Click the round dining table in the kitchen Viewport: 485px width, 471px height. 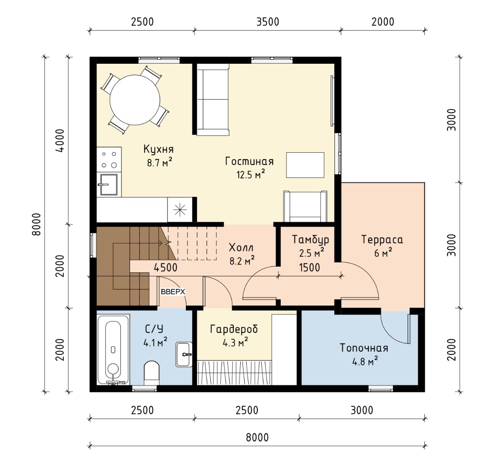click(x=135, y=100)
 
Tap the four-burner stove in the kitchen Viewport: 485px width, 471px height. click(x=109, y=159)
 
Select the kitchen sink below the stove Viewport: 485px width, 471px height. click(x=109, y=185)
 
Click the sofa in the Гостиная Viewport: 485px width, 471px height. click(x=213, y=100)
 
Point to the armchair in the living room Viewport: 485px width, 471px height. click(x=305, y=206)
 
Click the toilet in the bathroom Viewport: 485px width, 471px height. click(x=152, y=372)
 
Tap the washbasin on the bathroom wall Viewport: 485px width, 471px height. click(x=184, y=354)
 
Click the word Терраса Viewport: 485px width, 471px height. click(x=382, y=240)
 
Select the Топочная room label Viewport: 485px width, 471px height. click(x=364, y=348)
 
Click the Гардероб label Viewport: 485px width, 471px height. click(x=234, y=329)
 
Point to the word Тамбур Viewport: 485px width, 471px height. click(x=311, y=240)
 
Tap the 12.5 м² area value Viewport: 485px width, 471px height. click(x=251, y=175)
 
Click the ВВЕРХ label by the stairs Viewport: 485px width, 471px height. click(x=173, y=292)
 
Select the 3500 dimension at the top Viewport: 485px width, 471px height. click(x=268, y=22)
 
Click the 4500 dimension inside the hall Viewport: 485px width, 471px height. click(x=166, y=268)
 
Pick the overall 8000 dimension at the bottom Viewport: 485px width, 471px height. click(x=257, y=437)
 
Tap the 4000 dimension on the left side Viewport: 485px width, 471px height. click(x=60, y=141)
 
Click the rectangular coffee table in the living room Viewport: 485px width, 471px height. click(x=305, y=165)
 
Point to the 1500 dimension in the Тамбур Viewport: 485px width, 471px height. click(x=310, y=268)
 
